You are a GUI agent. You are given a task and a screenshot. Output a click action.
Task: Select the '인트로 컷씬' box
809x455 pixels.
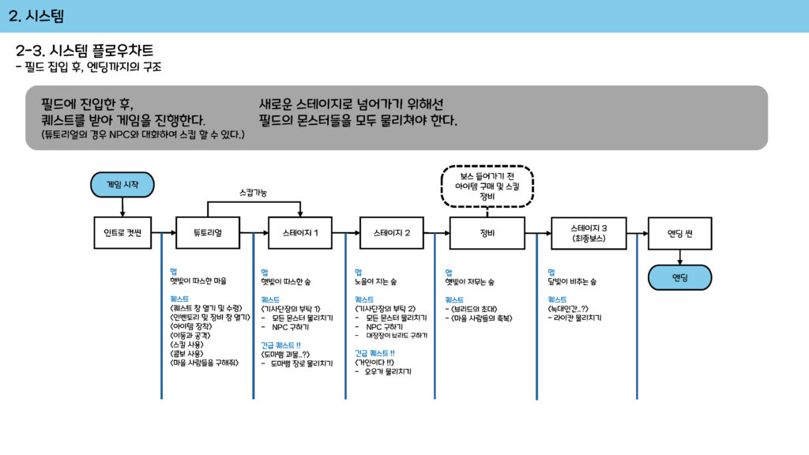coord(122,233)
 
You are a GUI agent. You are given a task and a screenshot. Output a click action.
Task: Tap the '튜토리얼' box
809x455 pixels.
coord(208,233)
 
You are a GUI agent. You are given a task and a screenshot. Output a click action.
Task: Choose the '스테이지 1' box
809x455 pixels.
coord(300,233)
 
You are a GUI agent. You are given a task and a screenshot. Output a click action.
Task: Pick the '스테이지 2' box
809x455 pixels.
coord(392,233)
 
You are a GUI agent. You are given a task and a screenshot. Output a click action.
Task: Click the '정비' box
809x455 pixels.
coord(487,233)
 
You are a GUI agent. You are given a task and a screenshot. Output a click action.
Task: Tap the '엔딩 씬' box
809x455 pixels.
coord(679,233)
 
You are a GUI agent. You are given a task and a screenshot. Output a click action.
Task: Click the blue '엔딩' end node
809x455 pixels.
coord(679,277)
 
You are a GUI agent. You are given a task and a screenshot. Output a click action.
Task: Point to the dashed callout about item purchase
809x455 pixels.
coord(487,186)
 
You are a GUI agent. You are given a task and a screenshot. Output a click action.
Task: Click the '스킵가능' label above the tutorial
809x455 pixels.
coord(253,192)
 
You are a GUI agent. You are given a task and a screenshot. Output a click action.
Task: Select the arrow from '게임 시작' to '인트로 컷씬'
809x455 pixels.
coord(122,206)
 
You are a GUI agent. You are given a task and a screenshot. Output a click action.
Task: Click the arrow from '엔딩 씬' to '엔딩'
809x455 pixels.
coord(679,257)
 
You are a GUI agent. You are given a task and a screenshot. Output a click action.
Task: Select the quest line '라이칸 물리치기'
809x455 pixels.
coord(578,318)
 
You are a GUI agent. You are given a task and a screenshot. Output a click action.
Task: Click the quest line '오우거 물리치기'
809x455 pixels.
coord(388,370)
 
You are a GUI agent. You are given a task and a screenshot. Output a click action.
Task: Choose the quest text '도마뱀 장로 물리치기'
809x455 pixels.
coord(301,363)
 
